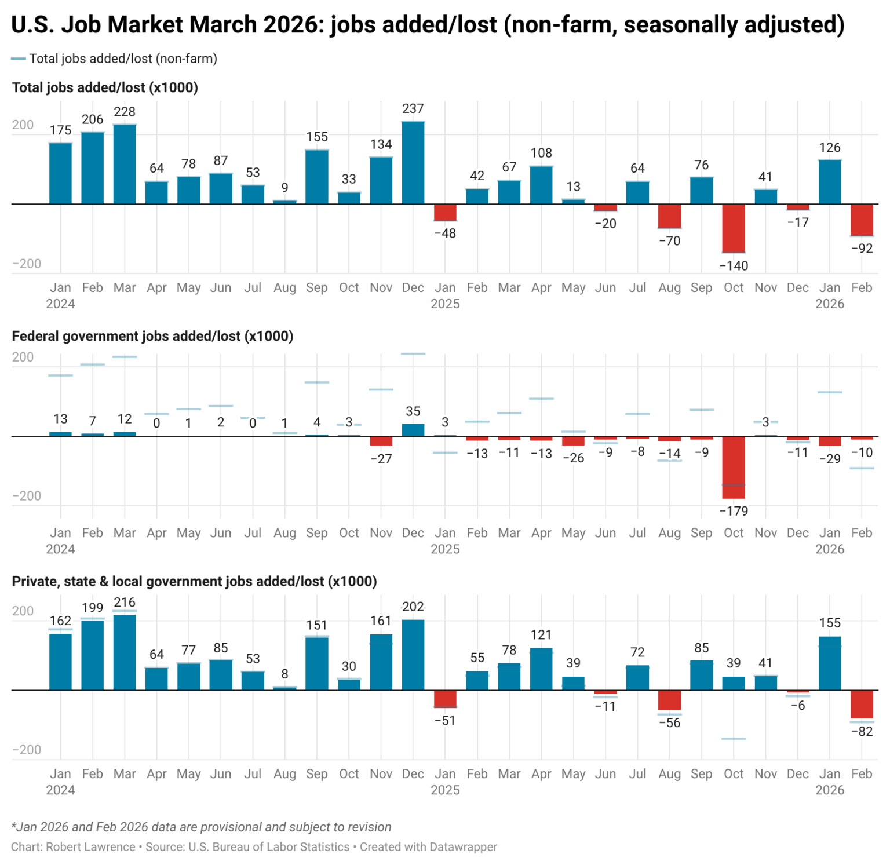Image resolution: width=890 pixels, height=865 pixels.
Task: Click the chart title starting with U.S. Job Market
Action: tap(427, 25)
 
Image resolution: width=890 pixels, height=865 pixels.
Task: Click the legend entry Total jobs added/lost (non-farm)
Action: tap(123, 59)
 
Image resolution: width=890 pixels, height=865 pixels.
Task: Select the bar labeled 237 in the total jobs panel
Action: tap(413, 163)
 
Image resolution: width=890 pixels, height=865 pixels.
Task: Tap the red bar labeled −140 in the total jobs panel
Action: tap(734, 228)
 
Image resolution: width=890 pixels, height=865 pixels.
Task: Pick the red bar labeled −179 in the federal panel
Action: tap(734, 467)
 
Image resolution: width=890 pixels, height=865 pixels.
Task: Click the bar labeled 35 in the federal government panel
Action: tap(413, 430)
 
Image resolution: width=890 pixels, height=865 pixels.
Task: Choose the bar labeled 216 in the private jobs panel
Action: tap(125, 652)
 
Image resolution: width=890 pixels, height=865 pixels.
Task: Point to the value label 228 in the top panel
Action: tap(125, 112)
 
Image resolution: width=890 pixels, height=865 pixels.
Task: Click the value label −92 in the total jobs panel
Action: tap(862, 249)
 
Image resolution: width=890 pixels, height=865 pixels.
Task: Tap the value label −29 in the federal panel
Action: tap(830, 459)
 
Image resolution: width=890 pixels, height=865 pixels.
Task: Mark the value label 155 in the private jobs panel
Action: tap(830, 623)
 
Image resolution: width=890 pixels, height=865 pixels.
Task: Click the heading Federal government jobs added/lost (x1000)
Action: tap(152, 336)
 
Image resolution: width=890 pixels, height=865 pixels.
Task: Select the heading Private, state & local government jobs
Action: tap(194, 582)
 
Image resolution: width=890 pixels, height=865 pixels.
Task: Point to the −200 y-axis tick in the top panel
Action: tap(27, 264)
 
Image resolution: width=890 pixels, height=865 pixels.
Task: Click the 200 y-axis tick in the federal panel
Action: tap(23, 357)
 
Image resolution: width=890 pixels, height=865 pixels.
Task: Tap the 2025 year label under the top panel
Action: tap(445, 304)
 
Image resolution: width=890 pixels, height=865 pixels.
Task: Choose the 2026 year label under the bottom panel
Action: tap(830, 790)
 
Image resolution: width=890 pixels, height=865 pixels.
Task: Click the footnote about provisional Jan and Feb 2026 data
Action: tap(201, 827)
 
